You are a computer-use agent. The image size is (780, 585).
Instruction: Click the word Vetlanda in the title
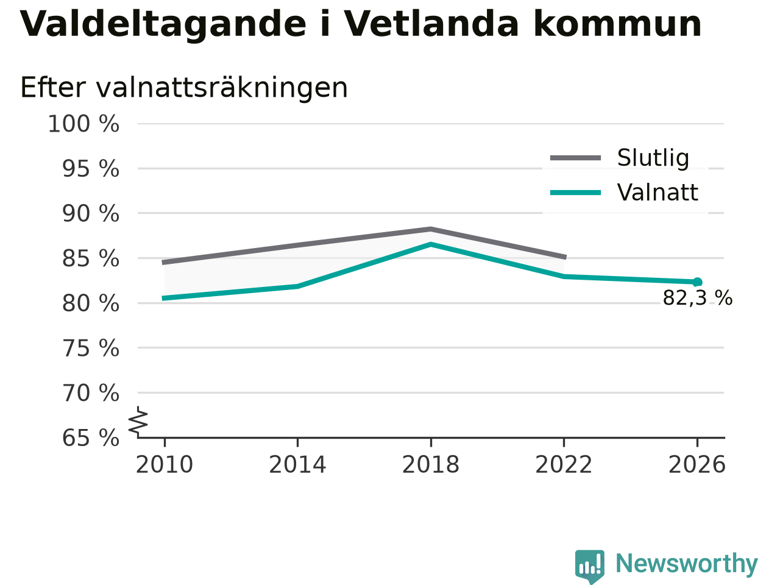tap(431, 23)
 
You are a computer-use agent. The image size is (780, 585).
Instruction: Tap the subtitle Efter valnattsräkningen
tap(184, 88)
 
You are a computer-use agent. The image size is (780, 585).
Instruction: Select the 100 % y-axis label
tap(83, 124)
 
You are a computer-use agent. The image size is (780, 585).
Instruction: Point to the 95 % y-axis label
tap(91, 169)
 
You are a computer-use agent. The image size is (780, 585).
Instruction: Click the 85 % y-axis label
tap(91, 258)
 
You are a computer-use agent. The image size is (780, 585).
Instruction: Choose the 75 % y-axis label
tap(91, 348)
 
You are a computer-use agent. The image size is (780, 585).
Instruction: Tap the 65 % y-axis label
tap(91, 438)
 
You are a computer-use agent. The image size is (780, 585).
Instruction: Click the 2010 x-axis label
tap(164, 464)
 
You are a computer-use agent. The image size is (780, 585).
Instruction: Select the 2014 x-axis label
tap(297, 464)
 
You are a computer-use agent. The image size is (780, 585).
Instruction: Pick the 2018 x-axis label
tap(431, 464)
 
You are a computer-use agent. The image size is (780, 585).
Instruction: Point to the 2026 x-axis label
tap(697, 464)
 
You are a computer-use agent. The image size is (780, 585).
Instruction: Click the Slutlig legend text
tap(653, 158)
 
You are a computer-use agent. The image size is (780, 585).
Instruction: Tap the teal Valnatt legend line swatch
tap(575, 193)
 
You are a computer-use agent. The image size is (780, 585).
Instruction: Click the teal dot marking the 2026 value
tap(697, 282)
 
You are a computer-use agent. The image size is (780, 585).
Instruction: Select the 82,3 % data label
tap(697, 297)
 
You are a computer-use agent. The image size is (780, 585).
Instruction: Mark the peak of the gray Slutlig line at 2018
tap(431, 229)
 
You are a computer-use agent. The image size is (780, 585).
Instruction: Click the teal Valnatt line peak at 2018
tap(431, 244)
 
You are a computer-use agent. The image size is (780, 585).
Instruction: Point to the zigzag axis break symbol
tap(138, 422)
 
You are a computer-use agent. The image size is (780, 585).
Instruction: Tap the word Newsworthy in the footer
tap(687, 564)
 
